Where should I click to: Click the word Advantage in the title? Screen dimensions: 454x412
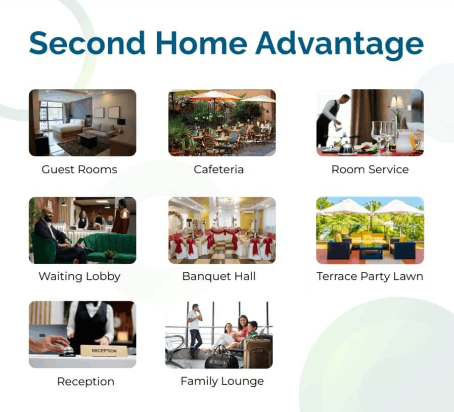pyautogui.click(x=339, y=45)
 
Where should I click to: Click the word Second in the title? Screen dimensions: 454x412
pyautogui.click(x=87, y=43)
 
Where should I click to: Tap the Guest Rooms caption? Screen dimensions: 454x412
pyautogui.click(x=79, y=170)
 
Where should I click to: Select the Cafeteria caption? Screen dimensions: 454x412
pyautogui.click(x=218, y=170)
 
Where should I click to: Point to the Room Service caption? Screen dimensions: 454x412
pyautogui.click(x=370, y=170)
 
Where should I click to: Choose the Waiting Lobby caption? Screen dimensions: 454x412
pyautogui.click(x=79, y=276)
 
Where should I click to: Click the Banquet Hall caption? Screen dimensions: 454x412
pyautogui.click(x=219, y=276)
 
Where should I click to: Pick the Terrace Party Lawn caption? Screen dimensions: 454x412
pyautogui.click(x=370, y=276)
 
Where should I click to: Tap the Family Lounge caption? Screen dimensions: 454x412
pyautogui.click(x=222, y=381)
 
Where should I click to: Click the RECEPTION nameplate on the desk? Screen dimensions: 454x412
pyautogui.click(x=104, y=351)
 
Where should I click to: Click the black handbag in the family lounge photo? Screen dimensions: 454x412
pyautogui.click(x=221, y=358)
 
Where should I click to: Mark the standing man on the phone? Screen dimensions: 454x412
pyautogui.click(x=195, y=330)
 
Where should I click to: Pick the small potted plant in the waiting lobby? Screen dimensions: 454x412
pyautogui.click(x=110, y=256)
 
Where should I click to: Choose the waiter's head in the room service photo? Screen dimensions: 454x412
pyautogui.click(x=346, y=99)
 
